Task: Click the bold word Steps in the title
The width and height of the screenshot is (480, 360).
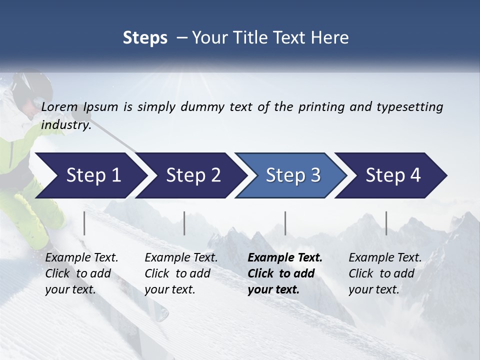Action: [145, 37]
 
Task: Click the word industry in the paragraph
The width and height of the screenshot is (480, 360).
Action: [65, 124]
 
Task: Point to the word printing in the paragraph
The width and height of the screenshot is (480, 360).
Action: [316, 106]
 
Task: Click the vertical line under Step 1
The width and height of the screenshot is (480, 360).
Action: [84, 223]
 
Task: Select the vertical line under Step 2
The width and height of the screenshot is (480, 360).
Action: [184, 223]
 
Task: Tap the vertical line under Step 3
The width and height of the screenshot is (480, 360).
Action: [285, 223]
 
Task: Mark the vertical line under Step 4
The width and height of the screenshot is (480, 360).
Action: [386, 223]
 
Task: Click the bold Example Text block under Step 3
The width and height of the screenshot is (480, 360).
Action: [284, 273]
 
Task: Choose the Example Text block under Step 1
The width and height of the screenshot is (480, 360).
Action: [81, 273]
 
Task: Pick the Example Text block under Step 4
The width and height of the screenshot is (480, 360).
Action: [385, 273]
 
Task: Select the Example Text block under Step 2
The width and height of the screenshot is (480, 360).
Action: [181, 273]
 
